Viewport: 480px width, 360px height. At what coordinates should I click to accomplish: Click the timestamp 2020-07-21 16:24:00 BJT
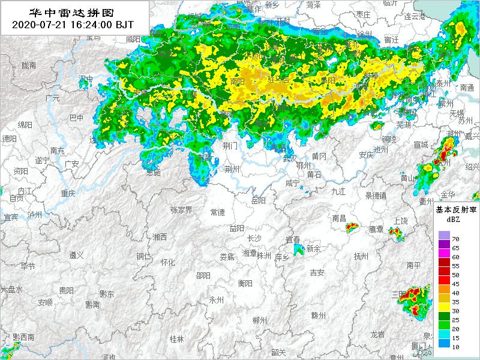(x=72, y=25)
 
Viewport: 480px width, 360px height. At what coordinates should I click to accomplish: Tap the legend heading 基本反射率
(x=455, y=210)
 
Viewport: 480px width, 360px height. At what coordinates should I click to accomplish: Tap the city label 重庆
(x=68, y=193)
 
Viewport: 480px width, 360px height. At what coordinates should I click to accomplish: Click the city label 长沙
(x=254, y=238)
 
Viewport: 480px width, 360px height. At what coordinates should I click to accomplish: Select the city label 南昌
(x=339, y=218)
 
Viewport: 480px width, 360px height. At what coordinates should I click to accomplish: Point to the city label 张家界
(x=181, y=210)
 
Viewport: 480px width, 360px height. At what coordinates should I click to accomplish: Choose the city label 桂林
(x=176, y=339)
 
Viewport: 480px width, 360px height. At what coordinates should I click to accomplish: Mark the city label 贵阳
(x=66, y=290)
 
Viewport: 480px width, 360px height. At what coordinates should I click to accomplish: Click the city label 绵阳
(x=25, y=125)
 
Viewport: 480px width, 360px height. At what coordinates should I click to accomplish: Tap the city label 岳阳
(x=259, y=200)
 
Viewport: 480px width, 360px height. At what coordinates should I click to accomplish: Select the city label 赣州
(x=318, y=316)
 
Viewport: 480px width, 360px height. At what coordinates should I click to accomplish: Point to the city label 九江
(x=338, y=191)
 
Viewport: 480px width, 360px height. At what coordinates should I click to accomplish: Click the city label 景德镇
(x=376, y=195)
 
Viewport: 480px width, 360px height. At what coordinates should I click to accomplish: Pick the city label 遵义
(x=76, y=255)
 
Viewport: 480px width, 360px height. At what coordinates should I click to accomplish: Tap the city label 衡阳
(x=245, y=283)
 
